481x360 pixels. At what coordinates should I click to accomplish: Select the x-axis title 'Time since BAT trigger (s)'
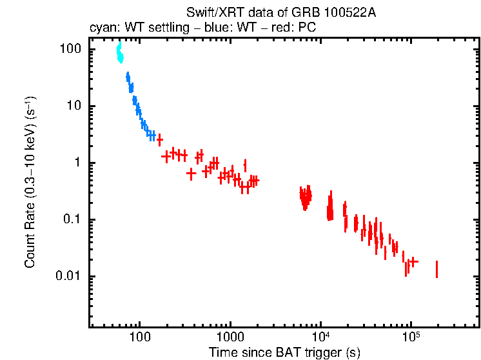pos(284,352)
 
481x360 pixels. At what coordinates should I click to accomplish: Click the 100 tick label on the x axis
pos(139,337)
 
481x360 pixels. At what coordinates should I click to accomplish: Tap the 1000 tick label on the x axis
pos(229,337)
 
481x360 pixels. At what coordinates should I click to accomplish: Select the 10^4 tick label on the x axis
pos(320,337)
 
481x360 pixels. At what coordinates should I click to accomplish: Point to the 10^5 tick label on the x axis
pos(410,337)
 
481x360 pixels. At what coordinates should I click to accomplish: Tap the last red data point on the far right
pos(437,269)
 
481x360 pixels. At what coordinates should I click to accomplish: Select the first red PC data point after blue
pos(159,139)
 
